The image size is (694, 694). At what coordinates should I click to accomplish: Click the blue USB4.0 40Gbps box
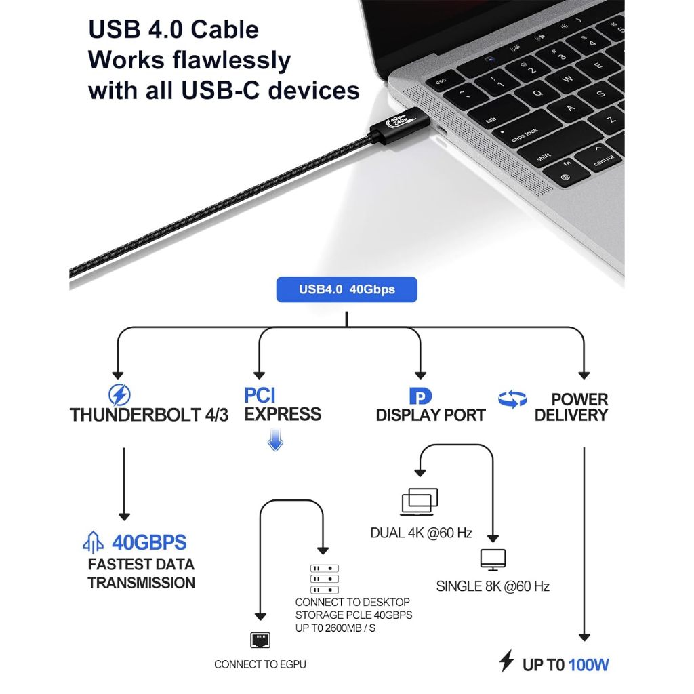click(346, 289)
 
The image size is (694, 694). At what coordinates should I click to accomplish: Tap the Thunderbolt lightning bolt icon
click(120, 394)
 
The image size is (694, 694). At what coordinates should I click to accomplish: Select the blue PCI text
click(260, 395)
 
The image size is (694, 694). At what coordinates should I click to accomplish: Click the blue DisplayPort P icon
click(420, 396)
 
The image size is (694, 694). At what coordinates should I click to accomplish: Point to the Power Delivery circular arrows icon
click(512, 399)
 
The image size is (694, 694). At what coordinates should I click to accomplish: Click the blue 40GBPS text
click(149, 542)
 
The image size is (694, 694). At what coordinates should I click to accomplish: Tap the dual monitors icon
click(420, 502)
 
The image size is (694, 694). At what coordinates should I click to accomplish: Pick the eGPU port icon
click(260, 639)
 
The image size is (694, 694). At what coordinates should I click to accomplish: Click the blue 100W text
click(588, 664)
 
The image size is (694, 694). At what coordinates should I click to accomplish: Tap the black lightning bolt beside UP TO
click(506, 661)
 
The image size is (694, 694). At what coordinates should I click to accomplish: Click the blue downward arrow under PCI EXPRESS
click(274, 443)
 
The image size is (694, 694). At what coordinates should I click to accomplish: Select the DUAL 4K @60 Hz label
click(421, 533)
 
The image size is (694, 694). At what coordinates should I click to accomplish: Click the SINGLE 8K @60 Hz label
click(492, 586)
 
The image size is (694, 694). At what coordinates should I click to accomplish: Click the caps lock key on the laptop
click(524, 134)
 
